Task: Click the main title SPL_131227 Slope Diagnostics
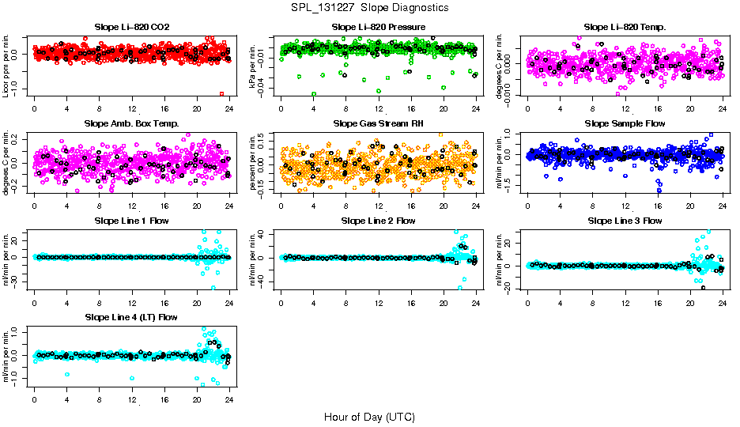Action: (x=370, y=7)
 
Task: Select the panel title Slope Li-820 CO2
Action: (x=131, y=28)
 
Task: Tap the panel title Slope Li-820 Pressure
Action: (x=379, y=28)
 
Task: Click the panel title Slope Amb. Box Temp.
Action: (x=131, y=124)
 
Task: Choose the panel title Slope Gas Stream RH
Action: (x=379, y=124)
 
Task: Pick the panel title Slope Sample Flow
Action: (x=625, y=124)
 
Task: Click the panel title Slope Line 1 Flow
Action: (x=131, y=221)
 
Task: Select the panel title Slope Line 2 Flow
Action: (x=379, y=221)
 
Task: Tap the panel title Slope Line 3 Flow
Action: (x=625, y=221)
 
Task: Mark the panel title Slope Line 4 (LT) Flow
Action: (x=131, y=317)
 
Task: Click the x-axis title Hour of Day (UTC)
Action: (x=369, y=417)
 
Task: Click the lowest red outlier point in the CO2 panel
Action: (x=222, y=94)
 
